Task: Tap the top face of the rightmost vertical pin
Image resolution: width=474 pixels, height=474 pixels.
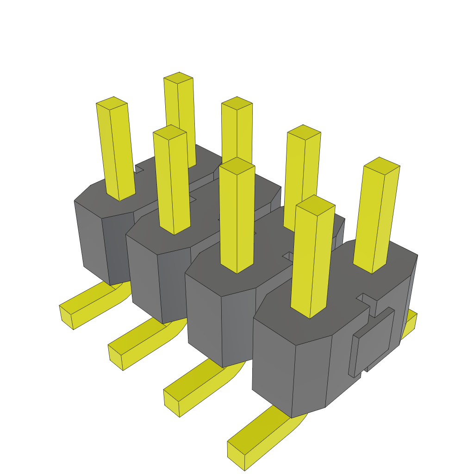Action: pyautogui.click(x=382, y=165)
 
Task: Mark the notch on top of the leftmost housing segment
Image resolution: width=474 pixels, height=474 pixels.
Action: pyautogui.click(x=139, y=172)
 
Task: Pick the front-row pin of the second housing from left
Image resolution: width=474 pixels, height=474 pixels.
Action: pyautogui.click(x=172, y=185)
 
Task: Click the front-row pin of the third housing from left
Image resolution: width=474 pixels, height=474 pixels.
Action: pyautogui.click(x=237, y=218)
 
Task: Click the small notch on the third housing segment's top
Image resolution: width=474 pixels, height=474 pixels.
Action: pyautogui.click(x=287, y=256)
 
